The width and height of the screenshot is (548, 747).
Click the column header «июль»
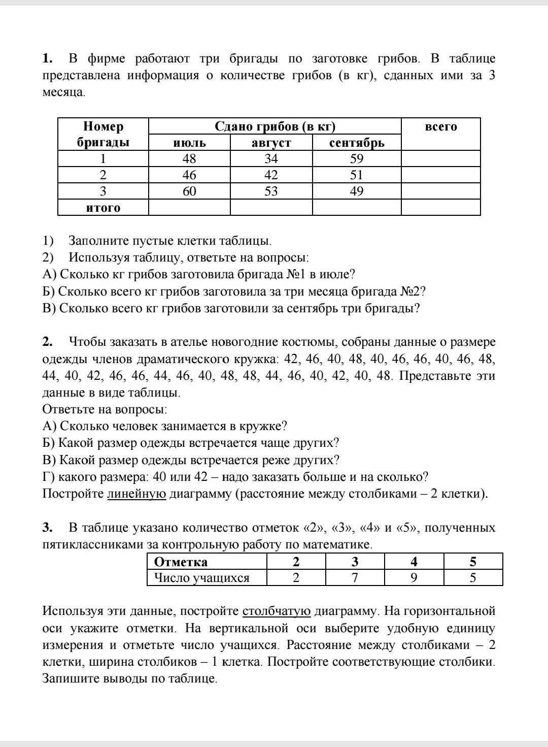tap(189, 143)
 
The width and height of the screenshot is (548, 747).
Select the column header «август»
tap(271, 143)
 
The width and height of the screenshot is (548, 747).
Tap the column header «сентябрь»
tap(357, 143)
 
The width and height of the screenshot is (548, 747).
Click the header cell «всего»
tap(440, 127)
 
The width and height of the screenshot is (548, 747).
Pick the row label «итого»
tap(103, 208)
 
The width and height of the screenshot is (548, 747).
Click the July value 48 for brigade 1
tap(189, 158)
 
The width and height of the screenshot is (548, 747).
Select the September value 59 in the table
tap(357, 158)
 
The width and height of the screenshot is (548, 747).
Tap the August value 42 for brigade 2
tap(271, 175)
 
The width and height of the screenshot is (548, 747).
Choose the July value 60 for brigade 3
tap(189, 191)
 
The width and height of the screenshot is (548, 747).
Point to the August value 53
tap(271, 191)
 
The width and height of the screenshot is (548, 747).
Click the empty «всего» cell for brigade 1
tap(440, 158)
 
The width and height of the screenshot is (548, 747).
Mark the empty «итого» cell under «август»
tap(271, 207)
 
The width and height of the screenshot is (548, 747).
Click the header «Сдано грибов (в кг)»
tap(275, 126)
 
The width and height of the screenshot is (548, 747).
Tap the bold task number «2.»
tap(48, 342)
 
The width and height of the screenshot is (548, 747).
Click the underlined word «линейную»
tap(136, 494)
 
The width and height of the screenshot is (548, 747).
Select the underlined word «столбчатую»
tap(277, 611)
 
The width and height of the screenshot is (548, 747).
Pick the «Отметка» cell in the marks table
tap(181, 562)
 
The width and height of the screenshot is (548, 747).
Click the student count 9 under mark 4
tap(414, 578)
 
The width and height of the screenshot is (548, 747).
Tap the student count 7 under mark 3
tap(355, 578)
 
